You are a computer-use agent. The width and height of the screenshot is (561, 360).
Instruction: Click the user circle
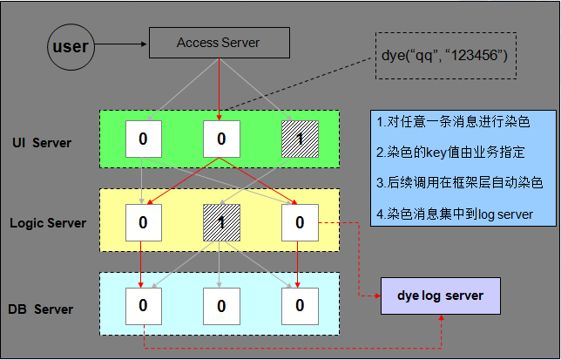(71, 46)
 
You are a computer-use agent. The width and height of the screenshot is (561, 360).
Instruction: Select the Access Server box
(218, 42)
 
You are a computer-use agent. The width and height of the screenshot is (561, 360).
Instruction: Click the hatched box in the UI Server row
(299, 139)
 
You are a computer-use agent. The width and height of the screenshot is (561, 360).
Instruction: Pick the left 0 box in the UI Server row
(143, 139)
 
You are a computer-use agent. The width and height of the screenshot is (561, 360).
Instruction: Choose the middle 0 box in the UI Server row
(221, 139)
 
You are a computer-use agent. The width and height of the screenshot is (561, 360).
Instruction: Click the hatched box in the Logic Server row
(221, 223)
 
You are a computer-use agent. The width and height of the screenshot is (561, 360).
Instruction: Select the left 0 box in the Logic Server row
(143, 223)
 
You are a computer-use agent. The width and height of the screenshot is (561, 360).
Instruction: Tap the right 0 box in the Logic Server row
(299, 223)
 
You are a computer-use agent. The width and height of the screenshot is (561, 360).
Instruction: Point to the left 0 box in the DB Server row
(143, 306)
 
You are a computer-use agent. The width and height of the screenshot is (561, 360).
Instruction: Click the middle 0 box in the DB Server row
(221, 306)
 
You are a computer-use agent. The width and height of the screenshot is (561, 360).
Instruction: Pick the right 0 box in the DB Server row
(299, 306)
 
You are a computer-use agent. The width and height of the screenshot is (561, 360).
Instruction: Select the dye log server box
(439, 296)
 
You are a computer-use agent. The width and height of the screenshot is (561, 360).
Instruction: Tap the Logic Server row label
(48, 223)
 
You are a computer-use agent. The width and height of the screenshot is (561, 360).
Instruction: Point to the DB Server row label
(42, 309)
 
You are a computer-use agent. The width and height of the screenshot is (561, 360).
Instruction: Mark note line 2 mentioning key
(450, 153)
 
